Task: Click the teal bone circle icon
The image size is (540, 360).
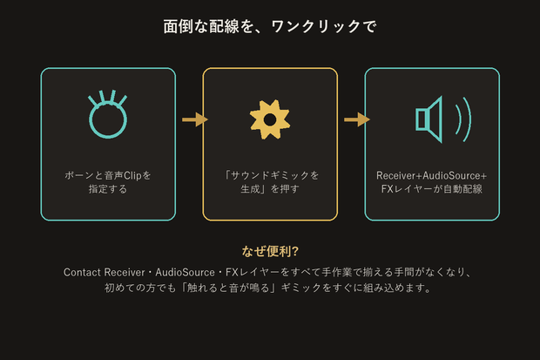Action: click(x=108, y=132)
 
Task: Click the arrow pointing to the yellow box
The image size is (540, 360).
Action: click(x=195, y=119)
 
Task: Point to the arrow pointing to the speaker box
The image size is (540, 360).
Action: click(x=357, y=119)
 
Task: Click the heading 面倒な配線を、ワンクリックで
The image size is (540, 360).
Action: click(x=270, y=26)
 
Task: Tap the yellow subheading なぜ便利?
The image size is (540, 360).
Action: click(x=270, y=251)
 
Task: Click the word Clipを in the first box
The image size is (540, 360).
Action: click(x=138, y=175)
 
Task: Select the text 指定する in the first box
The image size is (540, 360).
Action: click(x=108, y=189)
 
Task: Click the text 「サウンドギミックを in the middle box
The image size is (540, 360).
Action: click(x=271, y=175)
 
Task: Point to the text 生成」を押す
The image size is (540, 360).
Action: click(x=270, y=189)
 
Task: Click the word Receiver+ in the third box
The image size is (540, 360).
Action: click(x=399, y=175)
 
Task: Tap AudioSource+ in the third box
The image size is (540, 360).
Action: click(x=455, y=175)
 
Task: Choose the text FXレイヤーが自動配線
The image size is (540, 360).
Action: click(x=432, y=189)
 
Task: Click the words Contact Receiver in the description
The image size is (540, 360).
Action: click(x=104, y=273)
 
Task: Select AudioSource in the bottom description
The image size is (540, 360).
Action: click(x=185, y=273)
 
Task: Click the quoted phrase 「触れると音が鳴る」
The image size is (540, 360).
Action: click(x=229, y=288)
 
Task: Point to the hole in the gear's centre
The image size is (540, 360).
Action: click(x=270, y=119)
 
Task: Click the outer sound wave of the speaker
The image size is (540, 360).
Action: click(x=468, y=119)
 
